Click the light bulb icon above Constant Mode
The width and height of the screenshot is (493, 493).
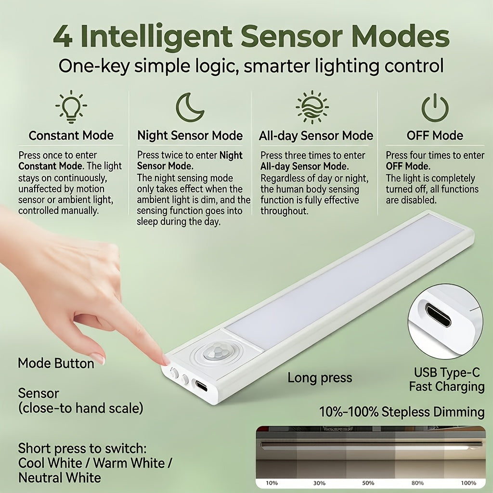[71, 107]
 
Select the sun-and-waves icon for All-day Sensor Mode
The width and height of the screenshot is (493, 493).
[312, 107]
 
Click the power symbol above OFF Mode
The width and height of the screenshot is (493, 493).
[435, 108]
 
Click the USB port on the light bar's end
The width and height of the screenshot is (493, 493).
[201, 386]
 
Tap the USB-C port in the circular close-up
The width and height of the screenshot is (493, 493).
[438, 315]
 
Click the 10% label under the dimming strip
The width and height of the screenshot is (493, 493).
[272, 483]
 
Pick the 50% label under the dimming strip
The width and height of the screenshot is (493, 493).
[368, 483]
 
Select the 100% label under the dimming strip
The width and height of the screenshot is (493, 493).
[468, 483]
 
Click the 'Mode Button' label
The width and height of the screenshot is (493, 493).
[56, 363]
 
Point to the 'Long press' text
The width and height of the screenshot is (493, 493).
[320, 378]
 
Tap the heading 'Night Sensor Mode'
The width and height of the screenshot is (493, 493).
[190, 135]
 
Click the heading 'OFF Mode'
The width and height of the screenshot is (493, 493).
[435, 135]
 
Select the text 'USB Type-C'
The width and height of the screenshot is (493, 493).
[447, 373]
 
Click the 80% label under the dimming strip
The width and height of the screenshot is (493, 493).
[417, 483]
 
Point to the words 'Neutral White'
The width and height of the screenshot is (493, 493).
[60, 478]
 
